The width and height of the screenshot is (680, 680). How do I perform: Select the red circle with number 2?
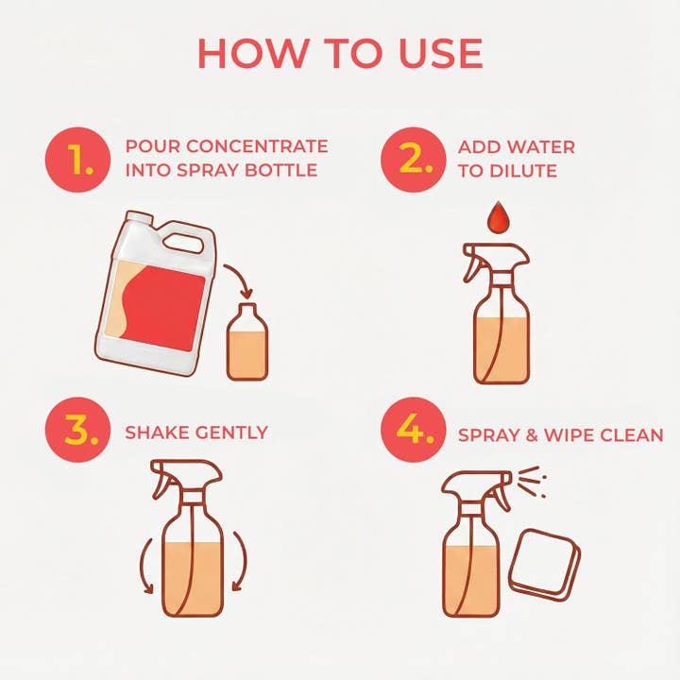(x=413, y=161)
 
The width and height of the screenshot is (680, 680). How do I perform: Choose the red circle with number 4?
(x=413, y=432)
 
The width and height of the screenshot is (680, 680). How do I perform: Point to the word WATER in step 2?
(x=542, y=146)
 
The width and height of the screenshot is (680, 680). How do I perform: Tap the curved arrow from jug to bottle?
(x=240, y=280)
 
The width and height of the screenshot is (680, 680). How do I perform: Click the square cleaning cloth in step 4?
(x=545, y=565)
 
